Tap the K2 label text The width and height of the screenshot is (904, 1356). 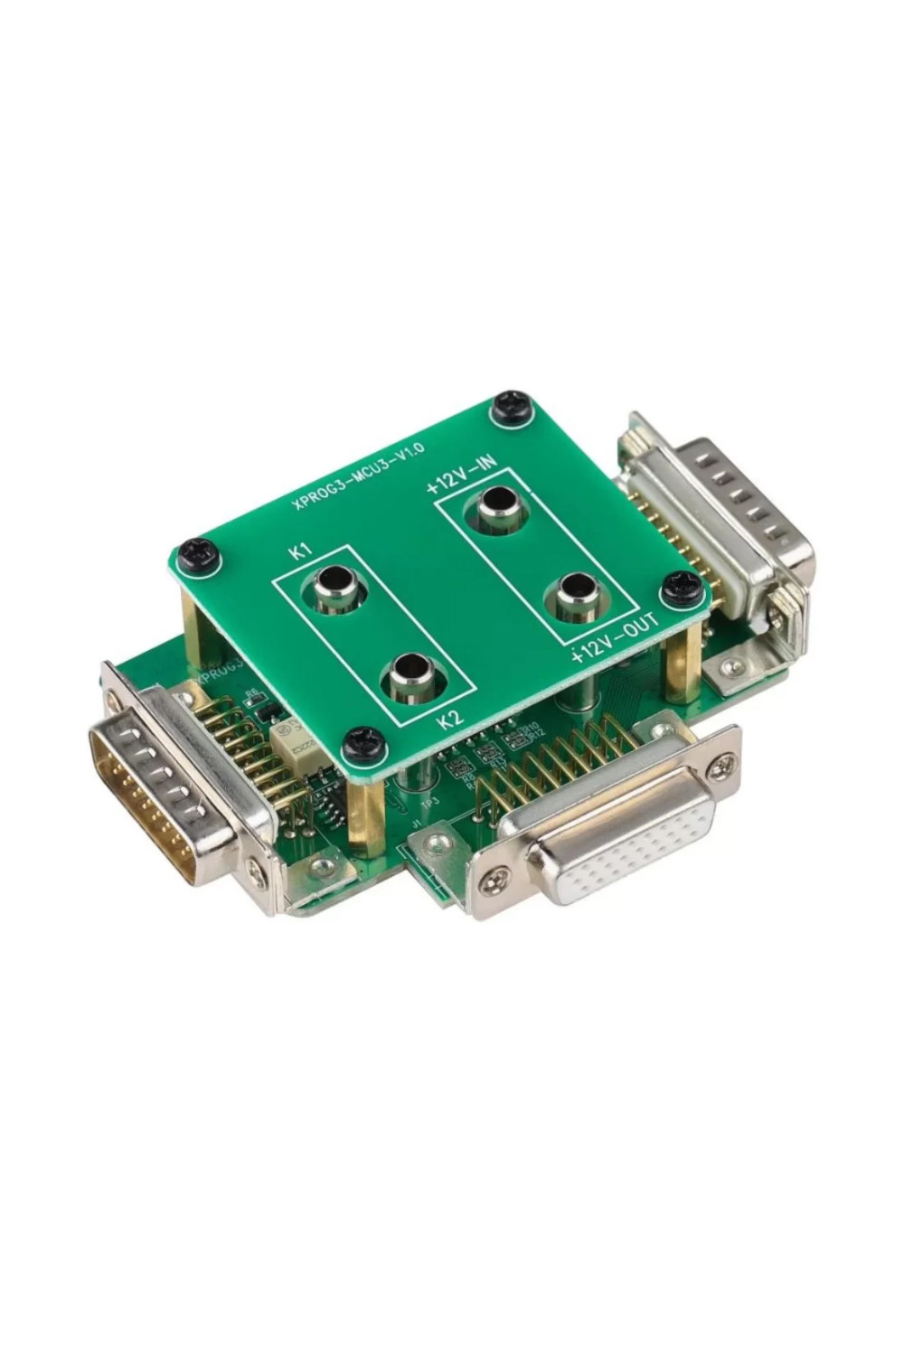pyautogui.click(x=448, y=720)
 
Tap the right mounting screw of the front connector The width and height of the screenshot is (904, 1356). pyautogui.click(x=721, y=767)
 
